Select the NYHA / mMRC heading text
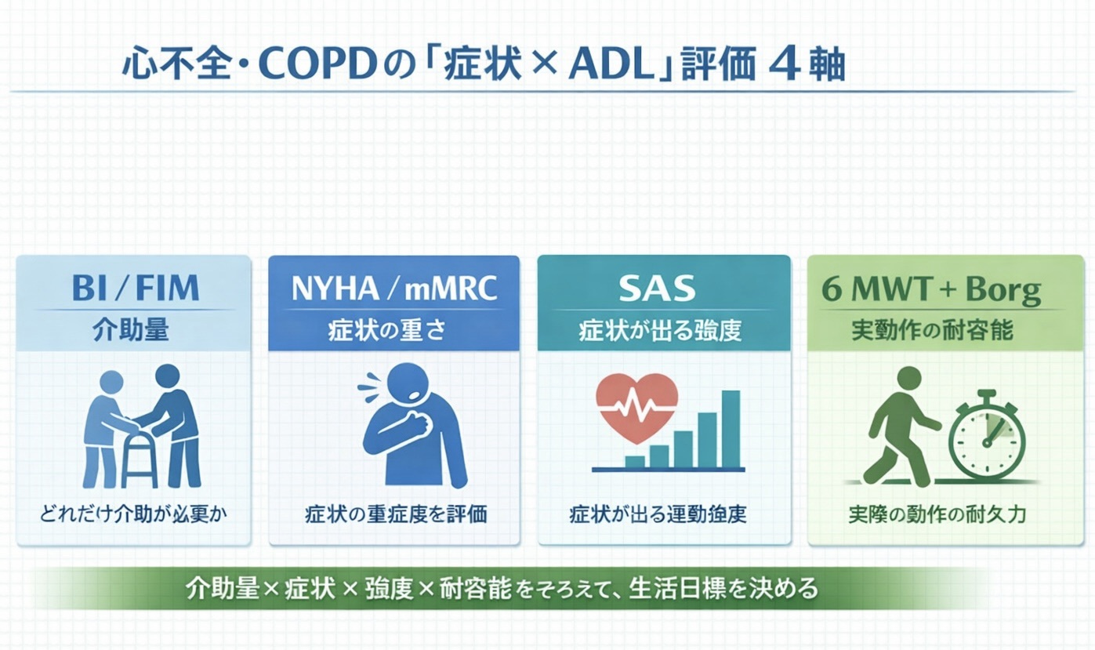pos(393,289)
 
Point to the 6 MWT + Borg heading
pos(931,290)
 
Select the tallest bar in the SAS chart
pos(731,428)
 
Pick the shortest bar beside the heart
pos(634,461)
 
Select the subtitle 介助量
pos(133,330)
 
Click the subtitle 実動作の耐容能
pos(932,330)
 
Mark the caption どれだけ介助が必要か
pos(133,515)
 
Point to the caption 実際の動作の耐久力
pos(937,515)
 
